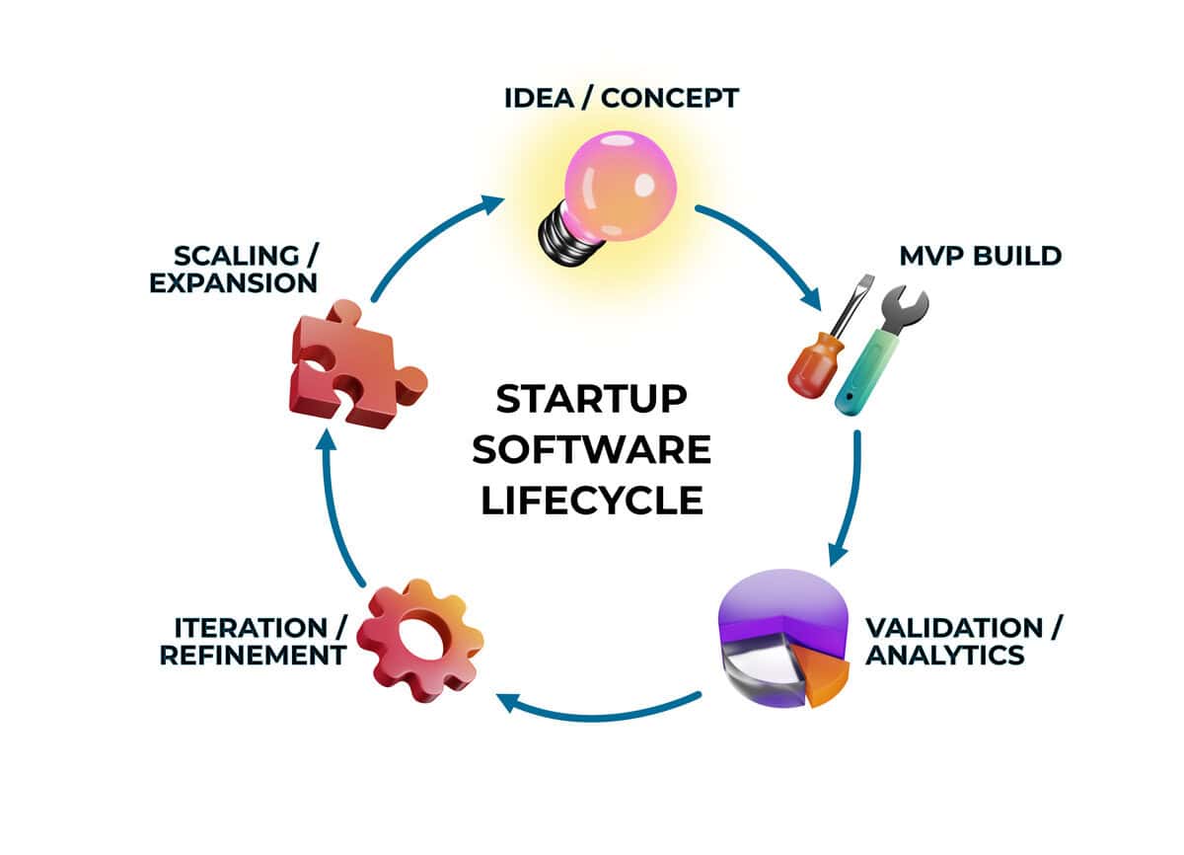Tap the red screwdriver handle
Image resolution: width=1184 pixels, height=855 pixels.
pos(810,371)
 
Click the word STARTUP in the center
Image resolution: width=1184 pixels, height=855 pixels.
pos(591,400)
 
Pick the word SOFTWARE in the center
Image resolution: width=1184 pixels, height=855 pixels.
pos(591,449)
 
